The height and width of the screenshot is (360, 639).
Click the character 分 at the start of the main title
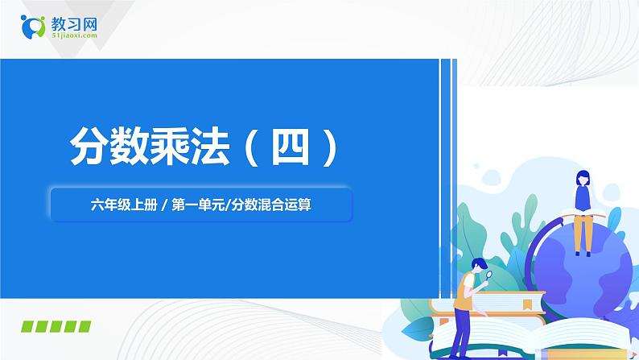click(x=89, y=147)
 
